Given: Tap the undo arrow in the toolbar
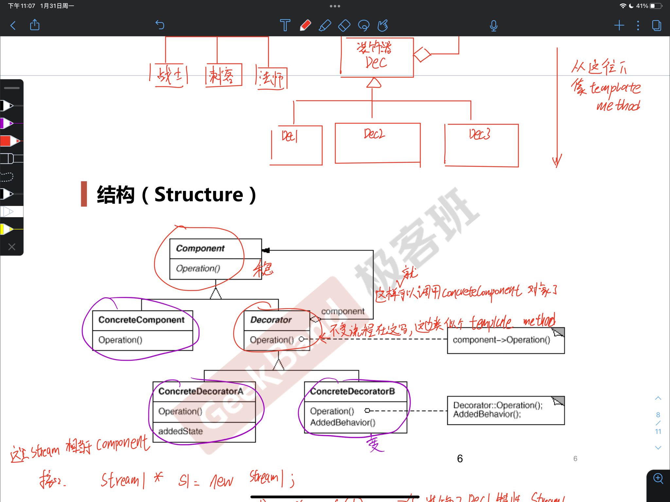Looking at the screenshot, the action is coord(160,25).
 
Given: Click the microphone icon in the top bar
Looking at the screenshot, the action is coord(493,26).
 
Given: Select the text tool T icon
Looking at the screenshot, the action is coord(285,25).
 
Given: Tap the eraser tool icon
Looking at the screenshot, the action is coord(344,25).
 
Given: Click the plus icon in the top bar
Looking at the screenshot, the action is coord(619,25).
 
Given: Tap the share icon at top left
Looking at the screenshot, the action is coord(35,25).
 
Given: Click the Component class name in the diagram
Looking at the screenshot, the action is coord(200,249).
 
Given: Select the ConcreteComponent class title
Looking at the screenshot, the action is coord(141,320).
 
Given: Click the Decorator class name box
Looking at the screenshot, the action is coord(271,320).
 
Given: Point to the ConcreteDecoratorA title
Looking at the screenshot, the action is coord(201,391).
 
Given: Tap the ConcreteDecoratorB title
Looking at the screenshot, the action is coord(353,391).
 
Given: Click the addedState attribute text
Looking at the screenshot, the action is coord(180,431).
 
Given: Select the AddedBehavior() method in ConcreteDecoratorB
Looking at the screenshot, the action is coord(343,423).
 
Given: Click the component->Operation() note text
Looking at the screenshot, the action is coord(501,340).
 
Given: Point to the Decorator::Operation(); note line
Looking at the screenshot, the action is coord(497,406).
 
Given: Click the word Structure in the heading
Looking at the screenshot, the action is coord(199,195).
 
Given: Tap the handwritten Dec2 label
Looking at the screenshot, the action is coord(374,134).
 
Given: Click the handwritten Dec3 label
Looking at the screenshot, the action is coord(479,134).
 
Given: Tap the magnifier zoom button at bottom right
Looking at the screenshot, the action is coord(658,479).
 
